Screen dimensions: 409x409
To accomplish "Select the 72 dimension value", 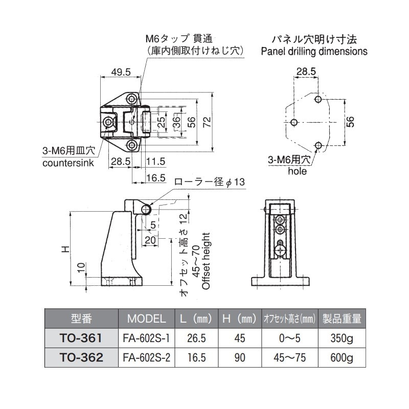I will pos(207,121).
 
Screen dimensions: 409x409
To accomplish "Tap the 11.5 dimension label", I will pos(155,161).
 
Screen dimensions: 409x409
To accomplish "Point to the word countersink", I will pos(69,163).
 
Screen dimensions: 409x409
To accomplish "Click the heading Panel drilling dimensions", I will pos(314,51).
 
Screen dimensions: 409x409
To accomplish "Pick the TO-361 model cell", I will pos(82,338).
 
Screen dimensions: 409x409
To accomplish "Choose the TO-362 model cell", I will pos(82,358).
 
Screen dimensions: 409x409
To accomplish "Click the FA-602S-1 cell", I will pos(146,338).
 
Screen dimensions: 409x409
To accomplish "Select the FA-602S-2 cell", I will pos(146,358).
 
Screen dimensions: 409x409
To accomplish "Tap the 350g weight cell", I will pos(341,338).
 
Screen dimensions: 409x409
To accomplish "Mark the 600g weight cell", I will pos(341,358).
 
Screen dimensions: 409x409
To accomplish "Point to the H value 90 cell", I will pos(240,358).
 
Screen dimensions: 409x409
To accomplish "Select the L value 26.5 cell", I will pos(197,338).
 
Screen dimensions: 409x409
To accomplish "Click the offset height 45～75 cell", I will pos(289,358).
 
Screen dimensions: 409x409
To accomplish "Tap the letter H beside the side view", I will pos(65,249).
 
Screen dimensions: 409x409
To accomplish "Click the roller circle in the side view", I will pos(147,209).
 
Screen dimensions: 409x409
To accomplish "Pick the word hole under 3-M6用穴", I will pos(297,171).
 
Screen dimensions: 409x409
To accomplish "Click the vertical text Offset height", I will pos(206,261).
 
